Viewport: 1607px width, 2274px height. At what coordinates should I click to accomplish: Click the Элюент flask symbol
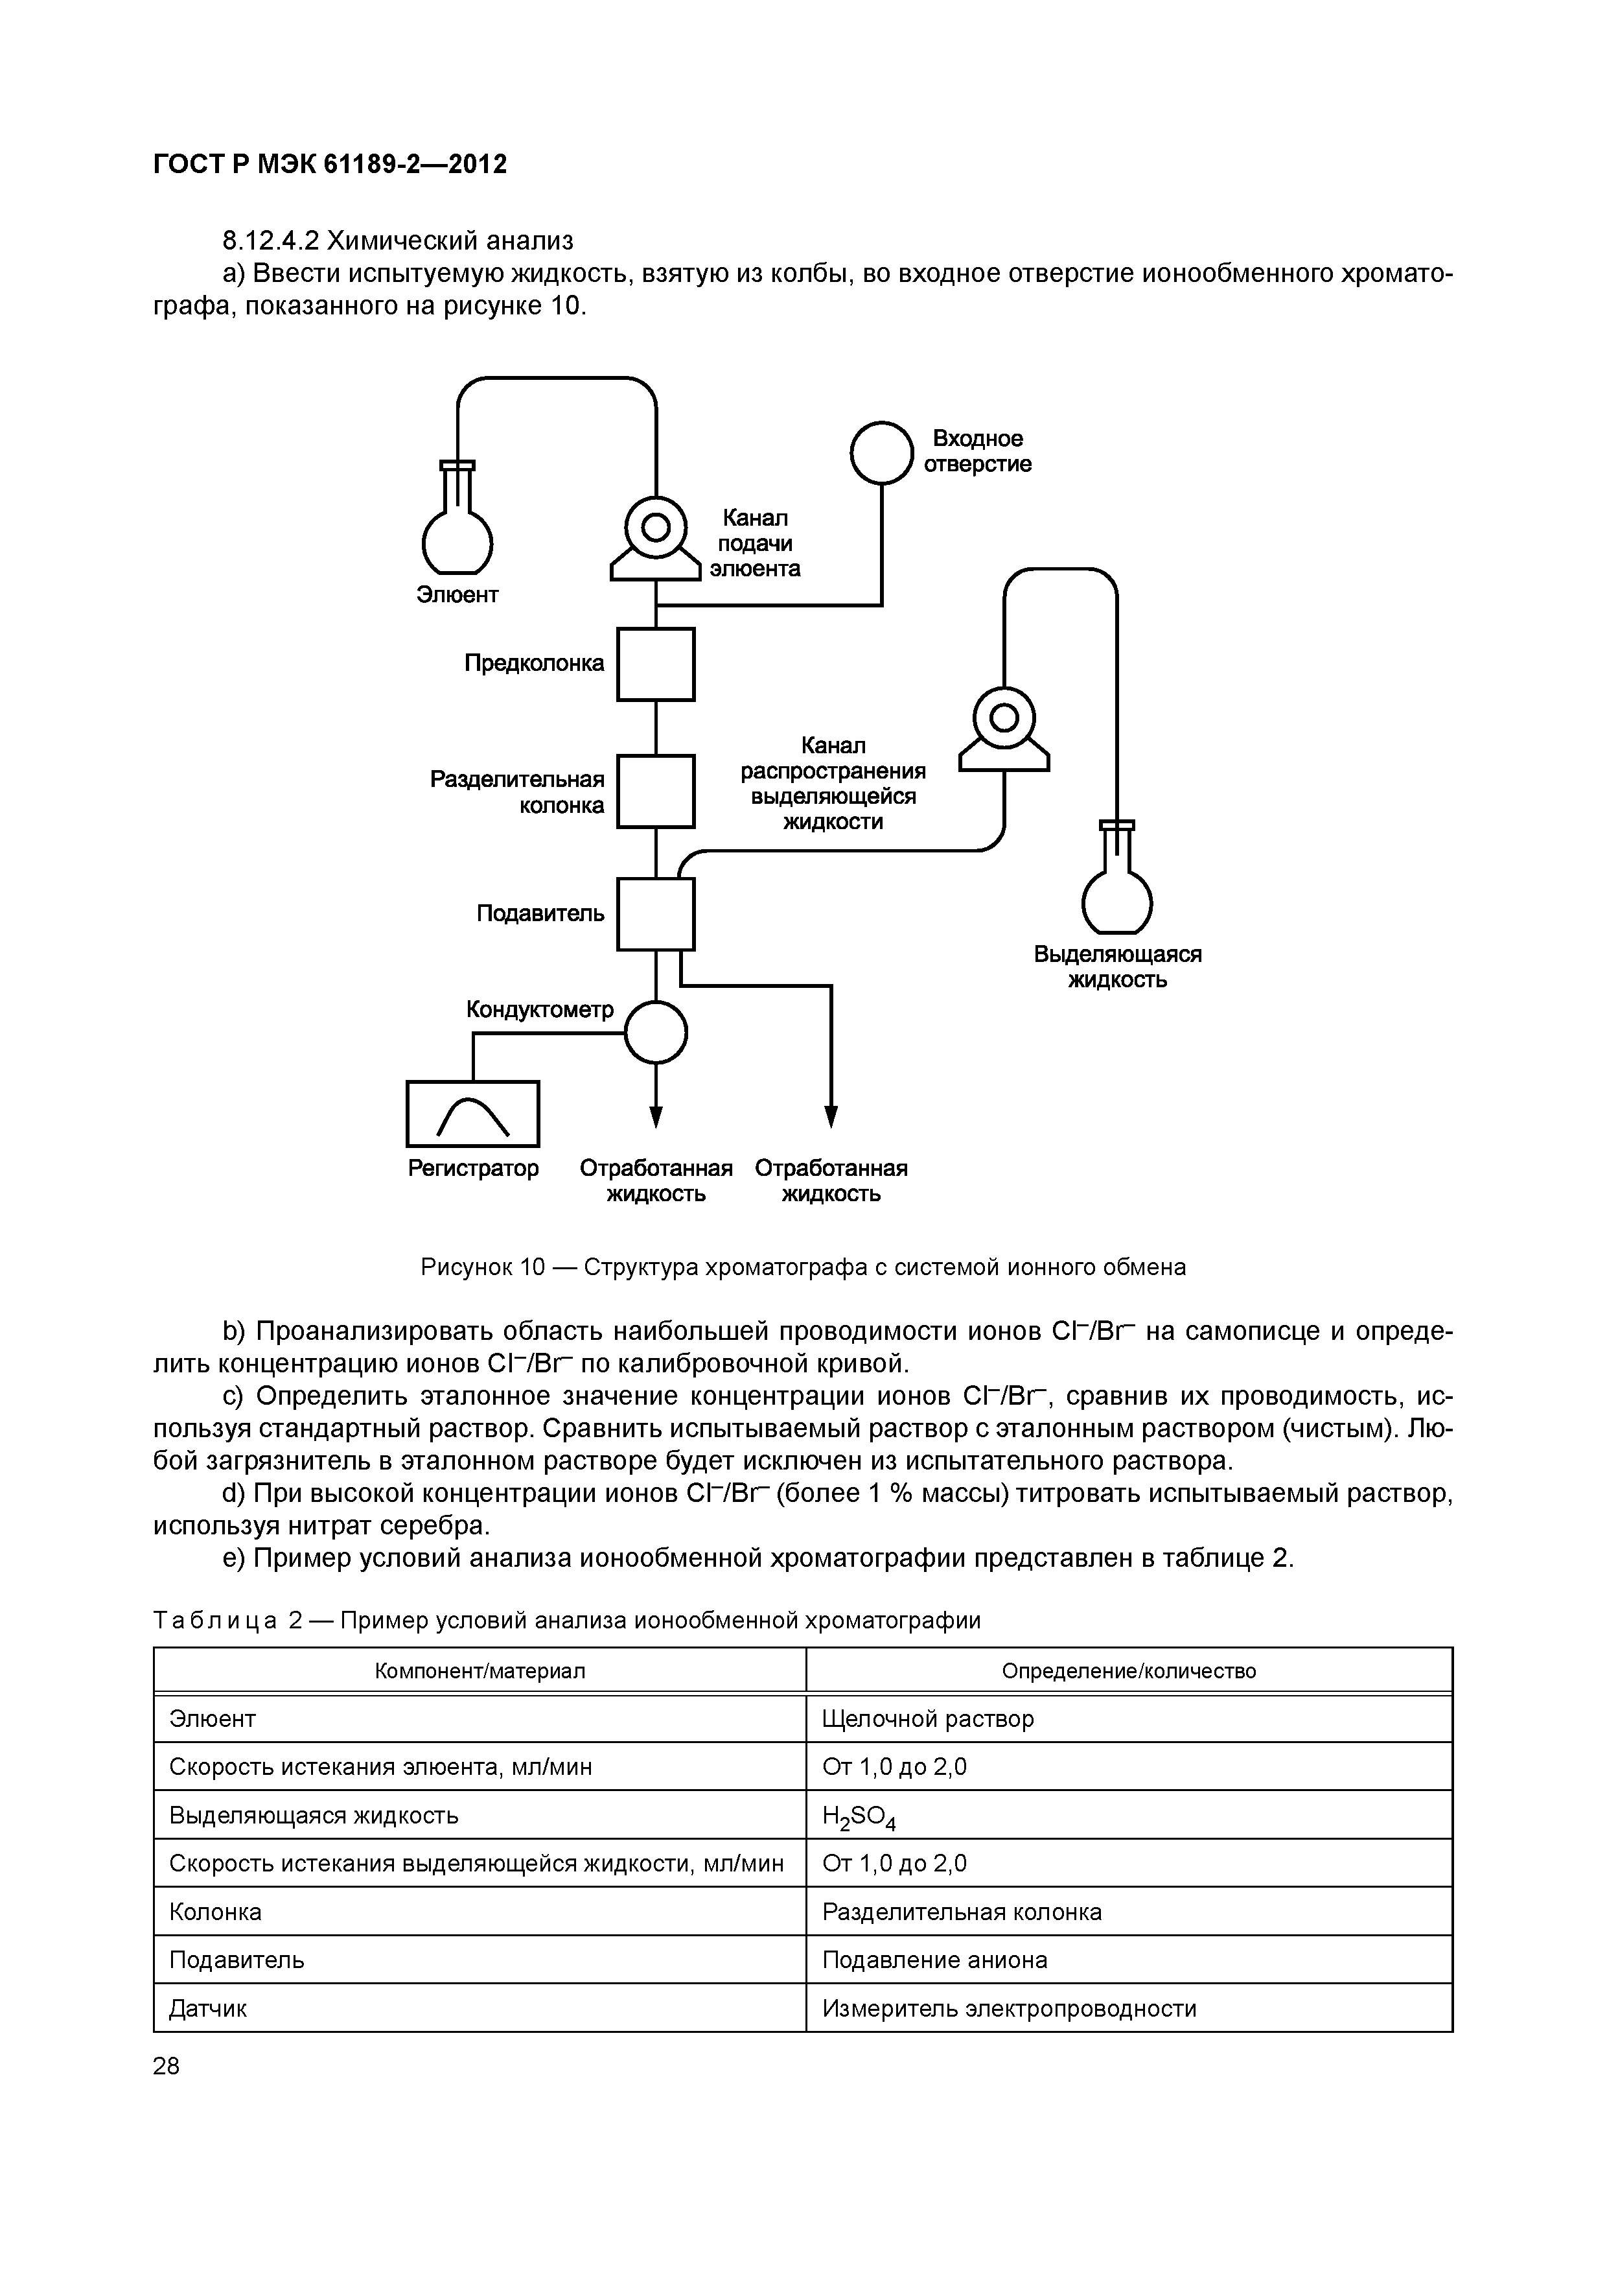click(457, 535)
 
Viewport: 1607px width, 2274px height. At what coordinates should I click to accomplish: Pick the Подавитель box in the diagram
click(656, 914)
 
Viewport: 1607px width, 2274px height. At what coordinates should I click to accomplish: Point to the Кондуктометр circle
click(656, 1031)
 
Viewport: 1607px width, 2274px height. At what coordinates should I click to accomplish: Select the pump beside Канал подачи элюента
click(656, 540)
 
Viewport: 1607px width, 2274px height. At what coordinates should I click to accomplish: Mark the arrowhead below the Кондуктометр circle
click(656, 1116)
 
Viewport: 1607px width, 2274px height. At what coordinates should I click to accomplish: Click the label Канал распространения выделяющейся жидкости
click(833, 784)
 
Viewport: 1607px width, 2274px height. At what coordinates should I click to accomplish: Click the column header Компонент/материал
click(480, 1671)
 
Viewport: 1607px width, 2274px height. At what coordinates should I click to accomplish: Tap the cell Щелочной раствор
click(928, 1718)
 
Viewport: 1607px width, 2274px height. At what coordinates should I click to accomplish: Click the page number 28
click(167, 2066)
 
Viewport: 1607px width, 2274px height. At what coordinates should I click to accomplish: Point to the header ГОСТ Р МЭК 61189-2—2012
click(330, 165)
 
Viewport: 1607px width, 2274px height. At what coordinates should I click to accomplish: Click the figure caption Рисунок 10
click(803, 1267)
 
